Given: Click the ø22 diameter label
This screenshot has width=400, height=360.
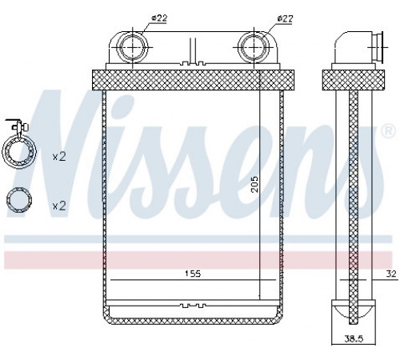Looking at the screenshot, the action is tap(159, 18).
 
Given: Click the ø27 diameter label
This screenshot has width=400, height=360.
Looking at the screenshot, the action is tap(285, 18).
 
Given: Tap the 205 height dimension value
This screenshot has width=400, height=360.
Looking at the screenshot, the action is tap(255, 184).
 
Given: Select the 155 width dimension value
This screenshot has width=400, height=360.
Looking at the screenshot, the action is tap(193, 274).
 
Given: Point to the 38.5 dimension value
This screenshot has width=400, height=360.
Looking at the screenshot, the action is tap(354, 338).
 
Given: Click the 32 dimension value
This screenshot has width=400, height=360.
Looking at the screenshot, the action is tap(391, 274).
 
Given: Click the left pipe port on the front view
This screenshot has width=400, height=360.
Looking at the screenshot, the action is tap(133, 47).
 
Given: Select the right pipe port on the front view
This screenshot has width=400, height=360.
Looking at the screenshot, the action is tap(254, 47).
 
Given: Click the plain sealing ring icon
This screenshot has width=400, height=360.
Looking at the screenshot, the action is tap(19, 200).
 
